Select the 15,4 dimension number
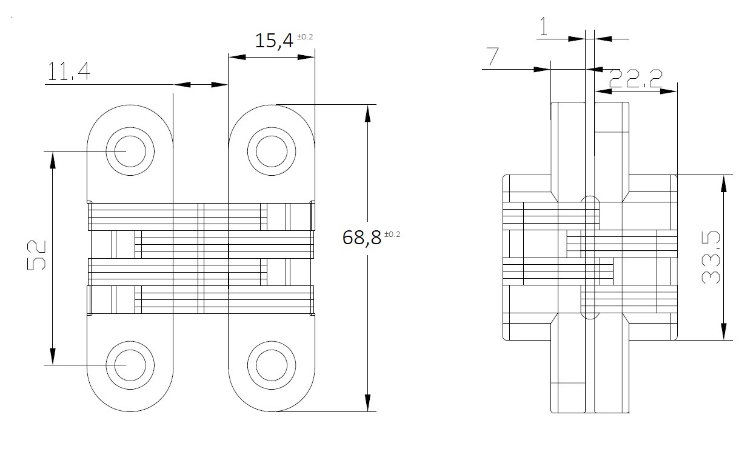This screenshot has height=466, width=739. click(x=274, y=41)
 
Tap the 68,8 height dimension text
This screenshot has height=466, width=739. click(x=362, y=237)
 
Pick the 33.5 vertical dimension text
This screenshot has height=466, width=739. click(x=711, y=261)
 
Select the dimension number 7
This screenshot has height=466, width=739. click(x=492, y=57)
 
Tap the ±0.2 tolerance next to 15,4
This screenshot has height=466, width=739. click(x=305, y=37)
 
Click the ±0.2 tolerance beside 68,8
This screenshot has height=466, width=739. click(x=392, y=234)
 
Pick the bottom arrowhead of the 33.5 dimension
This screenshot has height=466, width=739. click(x=723, y=334)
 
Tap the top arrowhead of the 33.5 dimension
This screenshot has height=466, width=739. click(x=723, y=181)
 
